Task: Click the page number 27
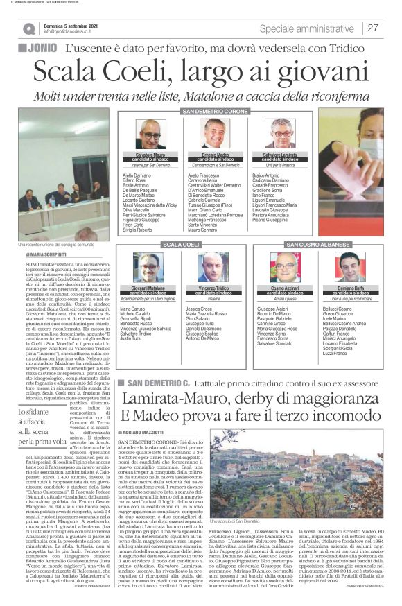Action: tap(373, 28)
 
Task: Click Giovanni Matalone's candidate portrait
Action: tap(148, 267)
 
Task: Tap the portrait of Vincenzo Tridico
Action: tap(213, 267)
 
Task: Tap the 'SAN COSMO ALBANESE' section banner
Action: tap(318, 245)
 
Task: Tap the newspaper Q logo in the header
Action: tap(28, 28)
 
